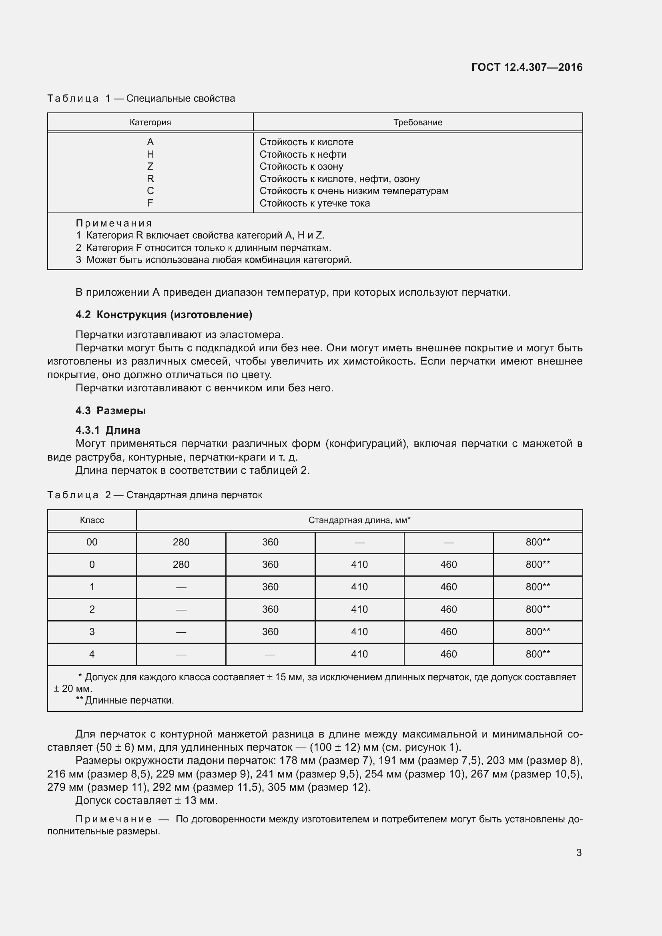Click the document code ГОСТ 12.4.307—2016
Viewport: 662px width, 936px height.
[x=527, y=67]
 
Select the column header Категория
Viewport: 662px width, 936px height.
[x=150, y=122]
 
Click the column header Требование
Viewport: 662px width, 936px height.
[x=417, y=122]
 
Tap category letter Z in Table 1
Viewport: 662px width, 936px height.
[x=150, y=166]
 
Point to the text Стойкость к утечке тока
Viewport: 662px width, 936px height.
[x=315, y=203]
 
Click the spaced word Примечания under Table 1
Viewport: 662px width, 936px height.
[x=114, y=223]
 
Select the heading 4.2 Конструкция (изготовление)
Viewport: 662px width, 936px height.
[x=164, y=314]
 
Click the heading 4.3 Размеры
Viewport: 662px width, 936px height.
[x=110, y=411]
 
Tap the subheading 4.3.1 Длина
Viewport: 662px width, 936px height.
[x=108, y=430]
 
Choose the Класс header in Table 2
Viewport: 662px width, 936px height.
[x=92, y=520]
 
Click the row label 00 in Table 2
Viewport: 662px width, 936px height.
[x=92, y=542]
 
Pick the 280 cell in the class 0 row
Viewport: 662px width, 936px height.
[x=181, y=565]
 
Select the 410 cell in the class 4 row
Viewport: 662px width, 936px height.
[x=359, y=654]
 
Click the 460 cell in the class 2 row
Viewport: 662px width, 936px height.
[x=448, y=609]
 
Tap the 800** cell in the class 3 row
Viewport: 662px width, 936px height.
[x=538, y=632]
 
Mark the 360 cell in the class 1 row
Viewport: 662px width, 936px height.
[x=270, y=587]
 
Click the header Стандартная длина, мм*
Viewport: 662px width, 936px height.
[x=359, y=520]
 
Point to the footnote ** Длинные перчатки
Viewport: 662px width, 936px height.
[x=125, y=700]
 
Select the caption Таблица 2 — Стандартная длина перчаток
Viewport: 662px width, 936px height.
[x=154, y=495]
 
